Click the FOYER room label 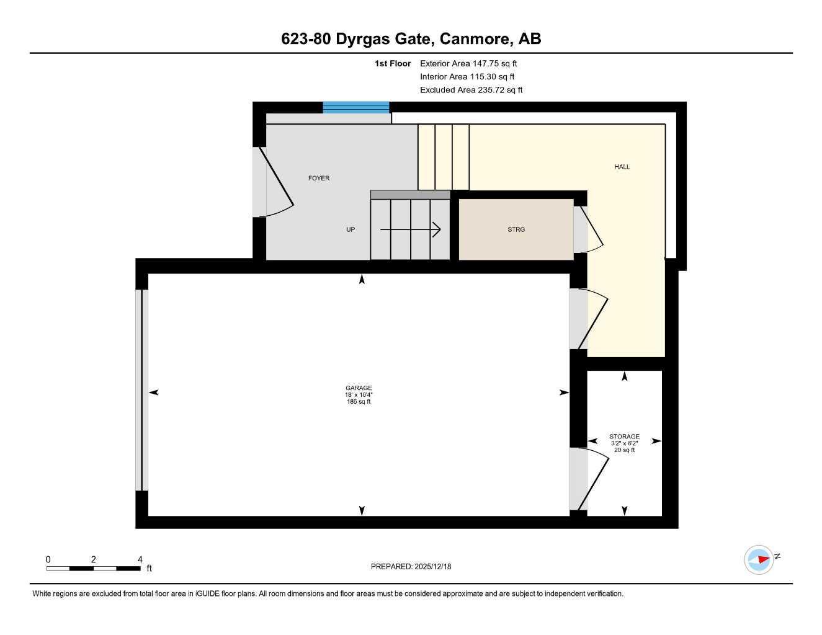point(319,178)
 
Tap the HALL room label point(622,167)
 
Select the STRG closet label point(516,229)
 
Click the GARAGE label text point(359,388)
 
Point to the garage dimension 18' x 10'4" point(359,395)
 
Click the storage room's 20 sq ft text point(624,450)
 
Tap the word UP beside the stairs point(351,229)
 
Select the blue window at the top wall point(355,107)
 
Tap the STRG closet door point(589,229)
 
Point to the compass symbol point(759,559)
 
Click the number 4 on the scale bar point(140,559)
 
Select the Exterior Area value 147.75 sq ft point(494,63)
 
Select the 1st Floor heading point(393,63)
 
